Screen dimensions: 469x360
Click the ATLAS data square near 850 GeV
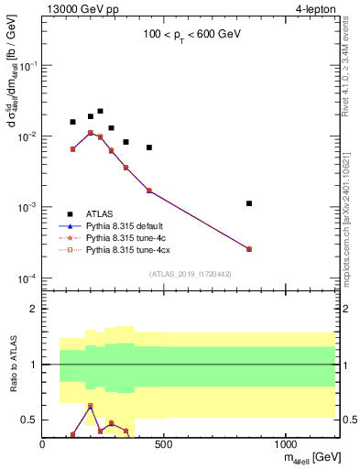pos(249,203)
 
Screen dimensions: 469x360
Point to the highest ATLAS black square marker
pos(100,111)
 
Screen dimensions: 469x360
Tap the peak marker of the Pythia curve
pos(91,133)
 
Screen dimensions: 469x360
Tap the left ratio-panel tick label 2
pos(32,309)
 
